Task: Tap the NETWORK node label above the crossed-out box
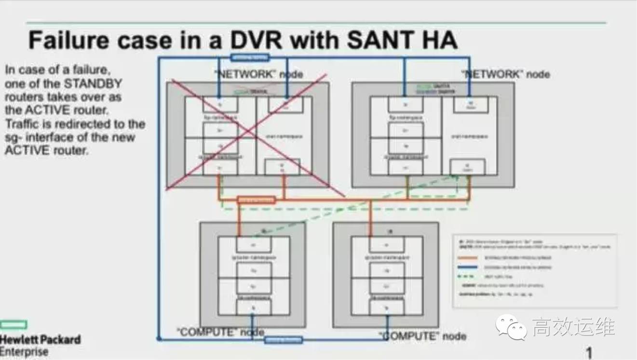click(258, 74)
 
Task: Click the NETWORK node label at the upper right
click(505, 74)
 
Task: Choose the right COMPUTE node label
click(422, 336)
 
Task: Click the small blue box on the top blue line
click(249, 57)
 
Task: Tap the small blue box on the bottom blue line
click(284, 340)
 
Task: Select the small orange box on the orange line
click(256, 200)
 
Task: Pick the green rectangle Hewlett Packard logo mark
click(14, 324)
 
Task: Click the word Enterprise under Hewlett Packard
click(24, 351)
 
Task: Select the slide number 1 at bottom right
click(589, 352)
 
